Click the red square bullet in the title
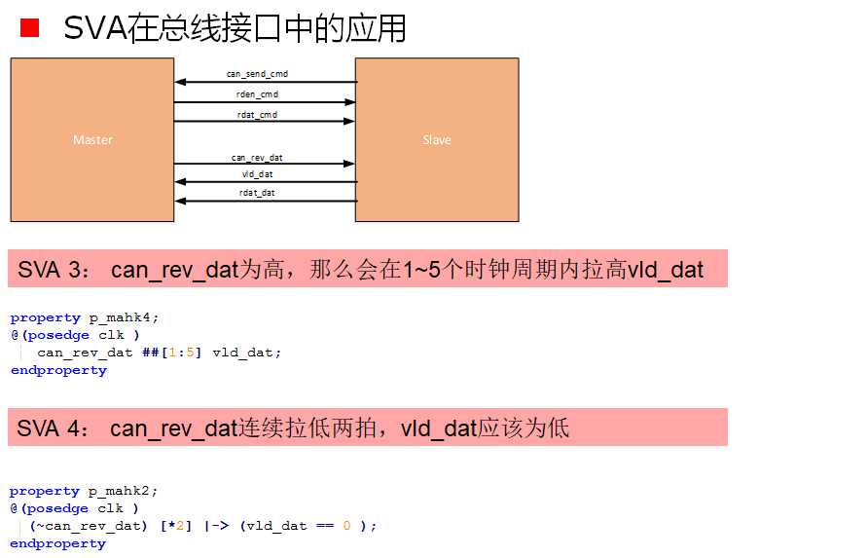(29, 28)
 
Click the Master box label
(92, 140)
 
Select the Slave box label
(436, 140)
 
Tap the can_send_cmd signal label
(257, 74)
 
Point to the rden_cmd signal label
(257, 93)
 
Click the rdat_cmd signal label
(257, 114)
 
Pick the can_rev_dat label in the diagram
(257, 157)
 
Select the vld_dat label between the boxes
(257, 174)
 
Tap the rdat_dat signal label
(257, 193)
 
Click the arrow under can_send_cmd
(265, 83)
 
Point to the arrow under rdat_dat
(265, 202)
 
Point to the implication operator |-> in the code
(216, 526)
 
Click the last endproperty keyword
(58, 543)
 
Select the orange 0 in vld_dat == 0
(346, 526)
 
